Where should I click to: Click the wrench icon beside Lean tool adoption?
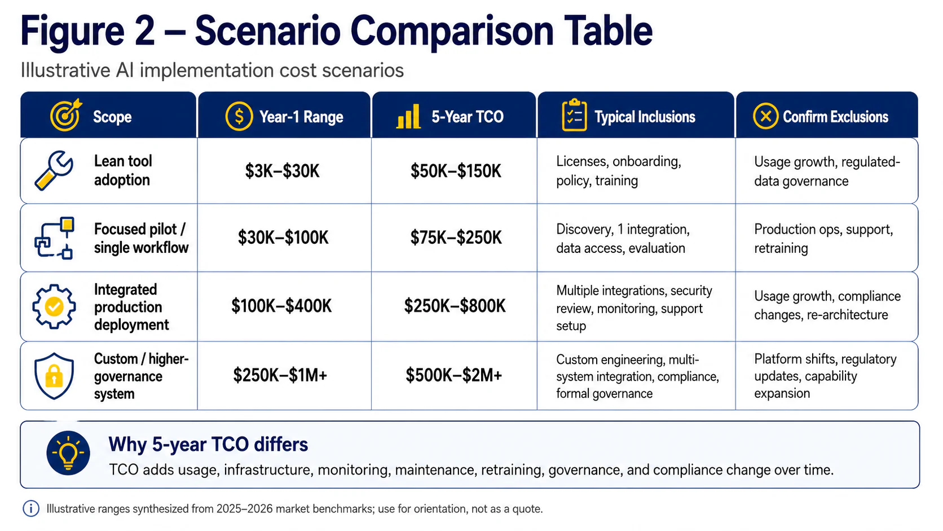click(54, 170)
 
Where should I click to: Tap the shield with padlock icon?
click(54, 376)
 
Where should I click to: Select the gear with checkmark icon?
click(54, 306)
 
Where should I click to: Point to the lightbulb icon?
click(68, 453)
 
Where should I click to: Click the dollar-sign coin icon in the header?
click(239, 116)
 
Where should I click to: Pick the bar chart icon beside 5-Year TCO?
click(408, 116)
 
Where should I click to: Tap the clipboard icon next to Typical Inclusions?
click(574, 115)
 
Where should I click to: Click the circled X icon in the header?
click(765, 116)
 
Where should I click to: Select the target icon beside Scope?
click(66, 115)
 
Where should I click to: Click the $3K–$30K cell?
click(282, 171)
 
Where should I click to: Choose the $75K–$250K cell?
click(456, 238)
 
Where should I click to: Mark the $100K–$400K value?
click(281, 306)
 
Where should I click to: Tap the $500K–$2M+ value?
click(454, 375)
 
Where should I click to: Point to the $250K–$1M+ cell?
click(280, 375)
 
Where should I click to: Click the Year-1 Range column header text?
click(301, 117)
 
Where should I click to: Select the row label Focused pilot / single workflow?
click(141, 238)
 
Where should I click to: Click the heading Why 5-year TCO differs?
click(208, 444)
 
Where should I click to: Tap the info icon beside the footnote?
click(30, 508)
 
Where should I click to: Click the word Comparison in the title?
click(452, 32)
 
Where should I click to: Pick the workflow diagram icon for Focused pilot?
click(54, 238)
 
